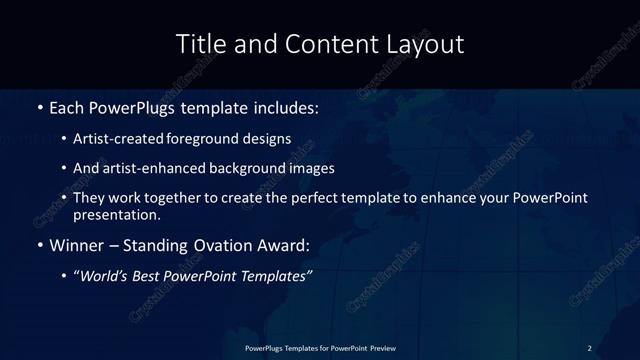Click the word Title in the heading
198,44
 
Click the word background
241,168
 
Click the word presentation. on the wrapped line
117,214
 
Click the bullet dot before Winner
39,245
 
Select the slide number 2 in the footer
590,347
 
